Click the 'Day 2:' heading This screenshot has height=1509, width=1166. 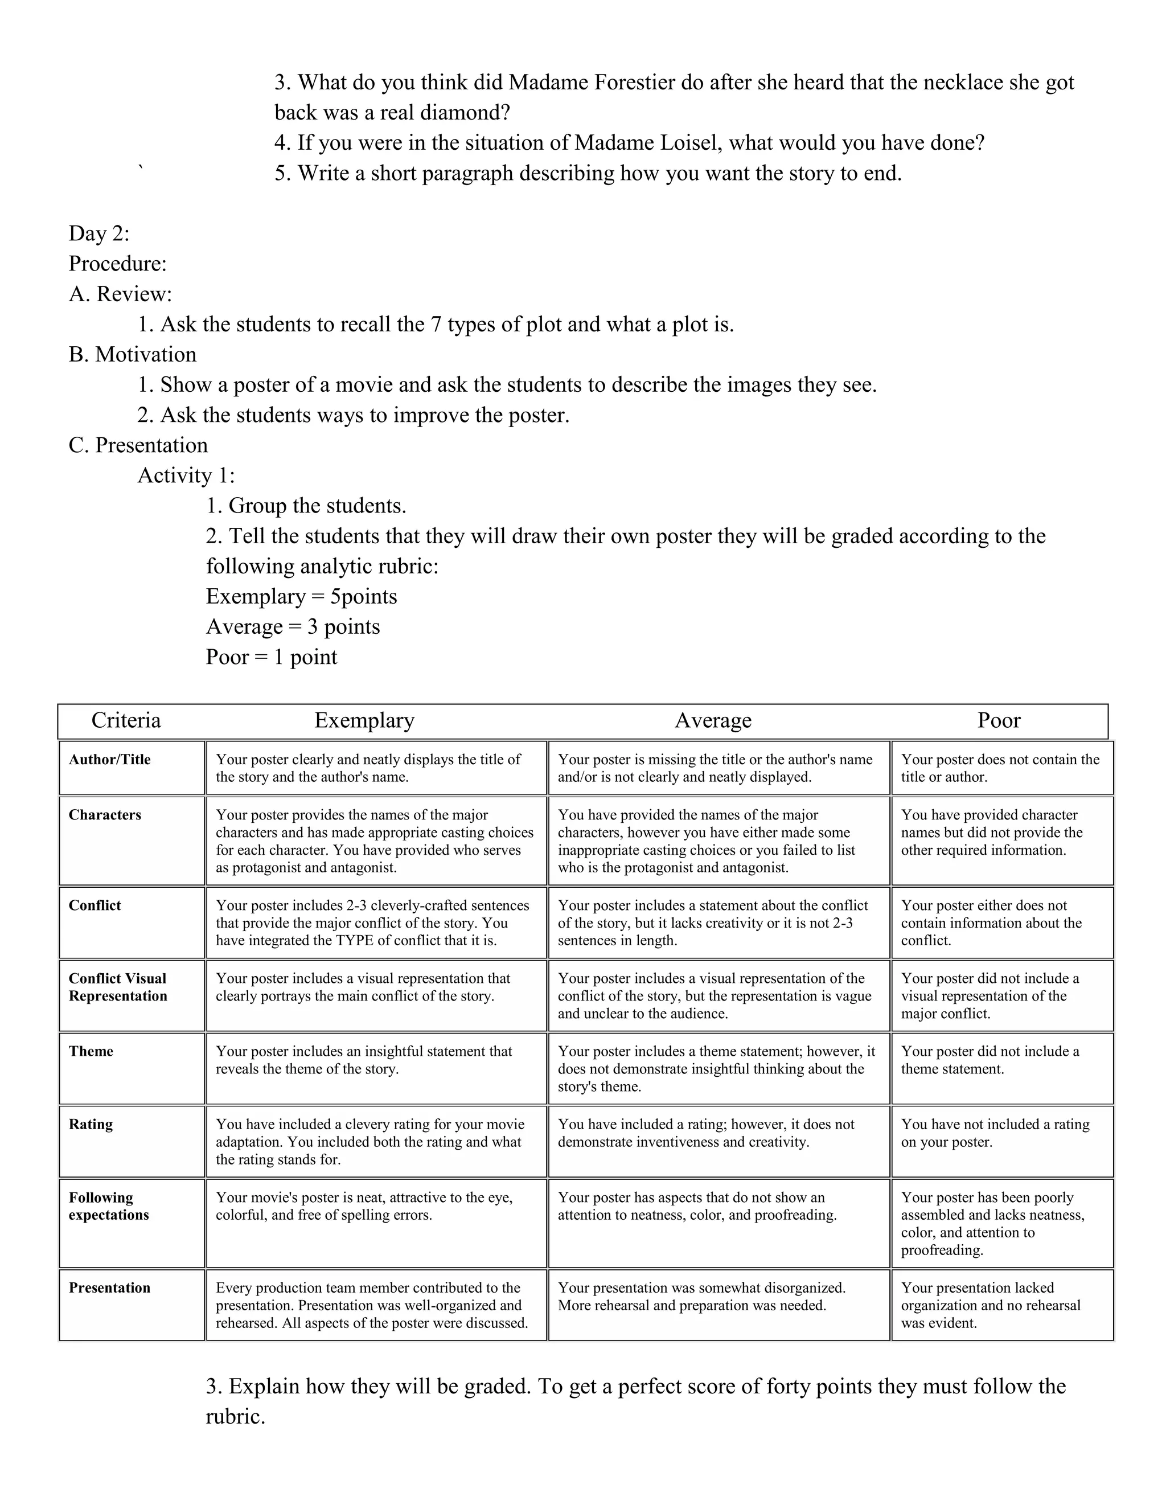(x=98, y=233)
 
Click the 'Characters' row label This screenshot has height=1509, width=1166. (x=104, y=815)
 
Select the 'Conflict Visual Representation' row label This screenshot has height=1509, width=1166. (x=117, y=987)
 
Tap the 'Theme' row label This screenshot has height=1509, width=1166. (x=91, y=1051)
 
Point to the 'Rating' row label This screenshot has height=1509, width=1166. (x=91, y=1124)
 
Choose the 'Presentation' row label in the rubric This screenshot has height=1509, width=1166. (x=109, y=1287)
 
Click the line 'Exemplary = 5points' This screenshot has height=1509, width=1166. (x=301, y=596)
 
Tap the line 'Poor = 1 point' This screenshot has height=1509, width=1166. (x=272, y=657)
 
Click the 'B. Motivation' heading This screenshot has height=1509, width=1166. (x=133, y=354)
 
